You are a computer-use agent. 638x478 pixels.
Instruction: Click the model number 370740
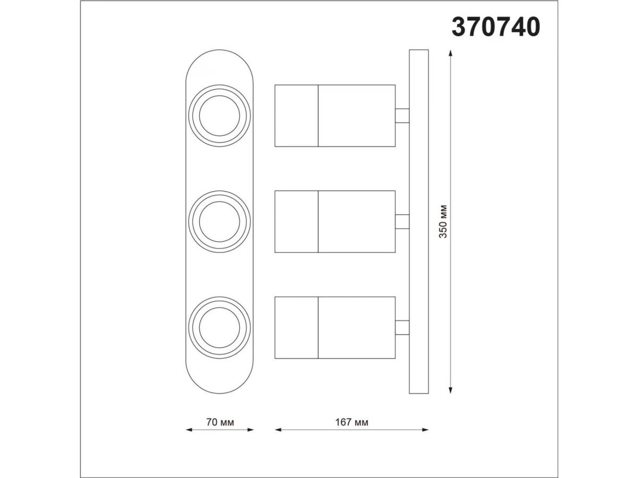(496, 27)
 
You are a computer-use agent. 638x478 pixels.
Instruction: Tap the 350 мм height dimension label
(443, 221)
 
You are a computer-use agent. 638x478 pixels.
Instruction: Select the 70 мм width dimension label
(220, 422)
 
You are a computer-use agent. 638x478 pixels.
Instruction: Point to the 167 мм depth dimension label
(352, 422)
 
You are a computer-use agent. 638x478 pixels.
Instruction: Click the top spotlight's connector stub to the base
(402, 115)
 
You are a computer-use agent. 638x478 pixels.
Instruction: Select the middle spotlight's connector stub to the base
(402, 221)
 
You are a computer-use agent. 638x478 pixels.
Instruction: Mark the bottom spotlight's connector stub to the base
(402, 328)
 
